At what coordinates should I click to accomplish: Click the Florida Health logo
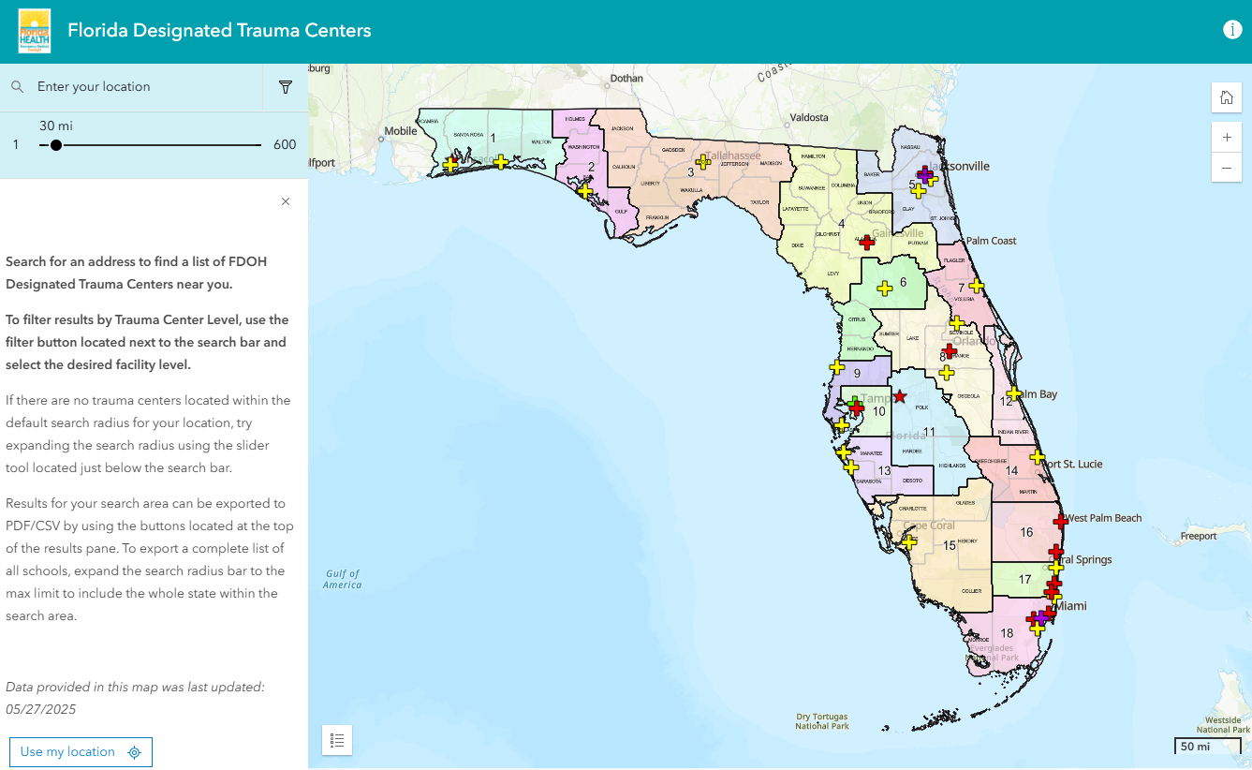click(35, 31)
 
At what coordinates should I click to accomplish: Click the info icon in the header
click(1232, 30)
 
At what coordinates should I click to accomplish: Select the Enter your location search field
click(140, 87)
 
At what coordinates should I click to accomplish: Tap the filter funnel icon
click(286, 87)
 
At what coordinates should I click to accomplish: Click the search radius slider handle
click(56, 145)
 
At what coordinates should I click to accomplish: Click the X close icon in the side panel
click(286, 201)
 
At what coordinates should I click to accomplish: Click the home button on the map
click(1226, 98)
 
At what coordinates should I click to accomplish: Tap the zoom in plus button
click(1226, 137)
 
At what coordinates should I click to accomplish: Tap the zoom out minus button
click(1226, 168)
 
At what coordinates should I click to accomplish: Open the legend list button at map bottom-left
click(337, 740)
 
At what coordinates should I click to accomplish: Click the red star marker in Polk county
click(899, 397)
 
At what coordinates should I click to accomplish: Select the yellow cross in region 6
click(884, 289)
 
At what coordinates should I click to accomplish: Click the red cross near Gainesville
click(867, 243)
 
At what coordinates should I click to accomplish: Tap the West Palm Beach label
click(1105, 518)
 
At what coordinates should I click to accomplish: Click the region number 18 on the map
click(1007, 633)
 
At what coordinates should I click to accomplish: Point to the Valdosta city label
click(809, 118)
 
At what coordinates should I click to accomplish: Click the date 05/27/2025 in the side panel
click(41, 710)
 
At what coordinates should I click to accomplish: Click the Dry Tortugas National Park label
click(822, 721)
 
